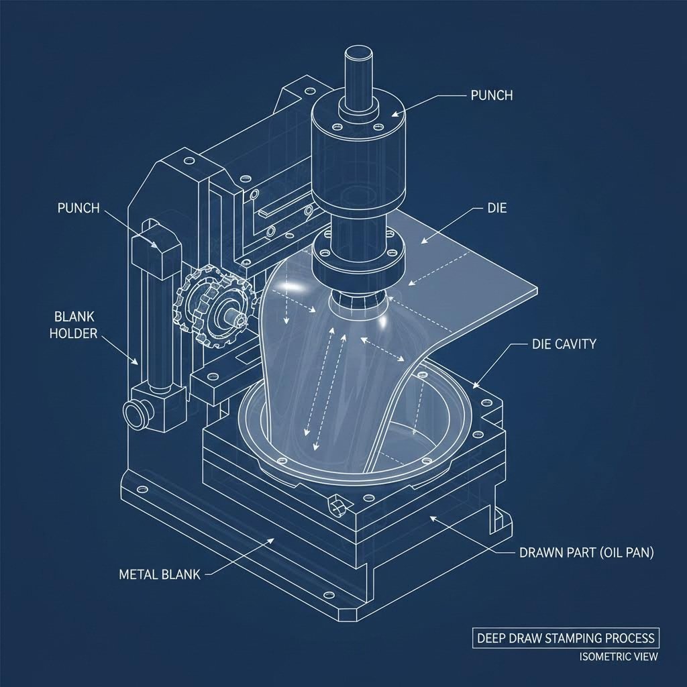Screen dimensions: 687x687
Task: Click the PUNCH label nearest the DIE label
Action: tap(487, 95)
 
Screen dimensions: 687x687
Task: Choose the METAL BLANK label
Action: tap(158, 574)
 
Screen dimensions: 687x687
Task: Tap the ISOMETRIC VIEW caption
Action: tap(619, 657)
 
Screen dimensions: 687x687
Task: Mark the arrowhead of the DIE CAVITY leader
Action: tap(475, 386)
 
